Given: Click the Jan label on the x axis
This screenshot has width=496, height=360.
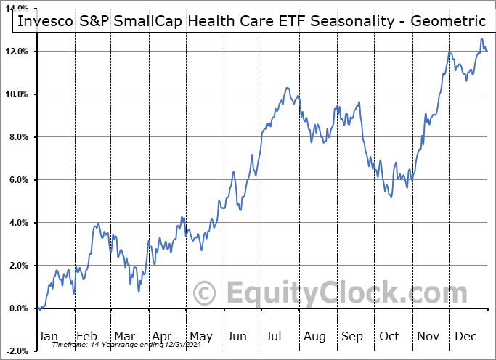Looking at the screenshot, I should pyautogui.click(x=49, y=336).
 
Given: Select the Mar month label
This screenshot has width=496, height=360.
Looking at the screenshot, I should pyautogui.click(x=125, y=336).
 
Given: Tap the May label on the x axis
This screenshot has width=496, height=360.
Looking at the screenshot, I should pyautogui.click(x=200, y=336).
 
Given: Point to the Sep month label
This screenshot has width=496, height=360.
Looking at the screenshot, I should pyautogui.click(x=353, y=336).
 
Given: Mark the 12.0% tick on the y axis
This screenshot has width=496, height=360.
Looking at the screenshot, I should pyautogui.click(x=16, y=52).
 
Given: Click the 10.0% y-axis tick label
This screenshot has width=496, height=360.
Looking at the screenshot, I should pyautogui.click(x=16, y=94).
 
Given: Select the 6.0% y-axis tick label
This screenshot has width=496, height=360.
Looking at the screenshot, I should pyautogui.click(x=18, y=180).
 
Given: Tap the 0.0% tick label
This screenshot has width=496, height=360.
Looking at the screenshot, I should pyautogui.click(x=18, y=308).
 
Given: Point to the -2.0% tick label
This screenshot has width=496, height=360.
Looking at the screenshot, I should pyautogui.click(x=17, y=351).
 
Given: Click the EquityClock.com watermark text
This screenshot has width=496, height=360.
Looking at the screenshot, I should pyautogui.click(x=338, y=293).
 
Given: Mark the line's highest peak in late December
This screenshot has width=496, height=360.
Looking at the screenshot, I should pyautogui.click(x=481, y=39).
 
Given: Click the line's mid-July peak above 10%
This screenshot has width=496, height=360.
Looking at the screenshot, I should pyautogui.click(x=288, y=88).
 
